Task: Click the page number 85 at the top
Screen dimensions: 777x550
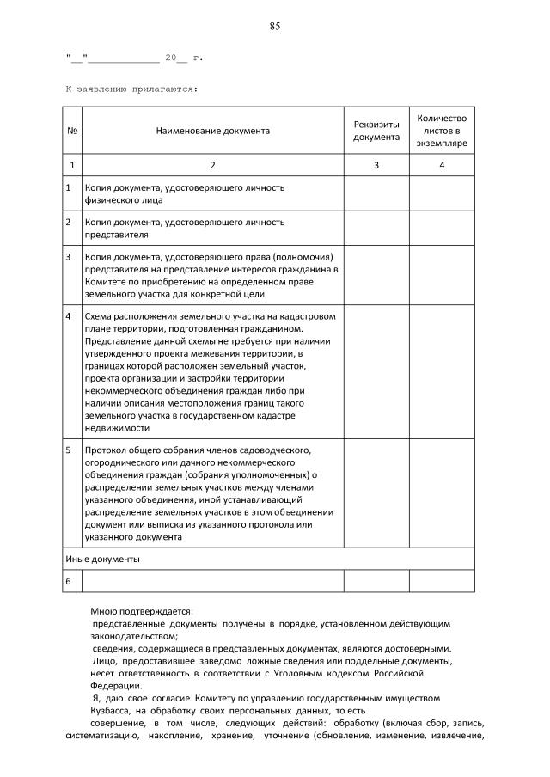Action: (x=274, y=26)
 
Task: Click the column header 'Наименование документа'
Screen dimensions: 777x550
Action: (x=212, y=131)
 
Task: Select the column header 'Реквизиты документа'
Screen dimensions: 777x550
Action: (x=376, y=131)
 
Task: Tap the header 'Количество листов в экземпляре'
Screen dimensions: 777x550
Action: (x=441, y=131)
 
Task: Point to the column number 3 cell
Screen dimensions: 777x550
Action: (x=376, y=164)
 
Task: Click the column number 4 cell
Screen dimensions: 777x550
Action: (x=441, y=164)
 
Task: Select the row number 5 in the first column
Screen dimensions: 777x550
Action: (x=69, y=450)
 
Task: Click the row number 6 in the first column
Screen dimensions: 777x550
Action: (x=69, y=582)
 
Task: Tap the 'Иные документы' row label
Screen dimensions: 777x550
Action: (x=102, y=559)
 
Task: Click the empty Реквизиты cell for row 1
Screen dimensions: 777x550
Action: (x=376, y=193)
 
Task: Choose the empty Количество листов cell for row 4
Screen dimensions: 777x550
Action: (x=441, y=370)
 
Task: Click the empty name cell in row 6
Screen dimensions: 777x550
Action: (x=212, y=582)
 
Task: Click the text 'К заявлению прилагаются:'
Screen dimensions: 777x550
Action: (x=131, y=88)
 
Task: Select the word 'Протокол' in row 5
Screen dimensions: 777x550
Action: (x=106, y=450)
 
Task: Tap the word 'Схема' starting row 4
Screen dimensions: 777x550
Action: (x=99, y=315)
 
